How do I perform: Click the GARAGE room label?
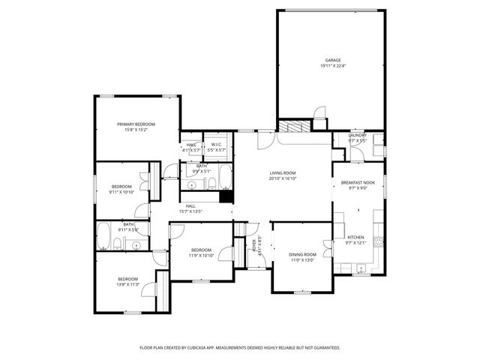[x=332, y=60]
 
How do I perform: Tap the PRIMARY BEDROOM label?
[x=136, y=124]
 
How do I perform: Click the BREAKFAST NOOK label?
[x=358, y=182]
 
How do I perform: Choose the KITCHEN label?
[x=355, y=237]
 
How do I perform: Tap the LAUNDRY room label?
[x=357, y=135]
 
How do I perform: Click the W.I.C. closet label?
[x=214, y=144]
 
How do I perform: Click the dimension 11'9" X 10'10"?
[x=200, y=255]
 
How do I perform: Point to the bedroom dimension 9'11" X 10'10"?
[x=121, y=192]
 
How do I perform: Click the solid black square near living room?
[x=225, y=196]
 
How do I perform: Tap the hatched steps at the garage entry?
[x=293, y=126]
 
